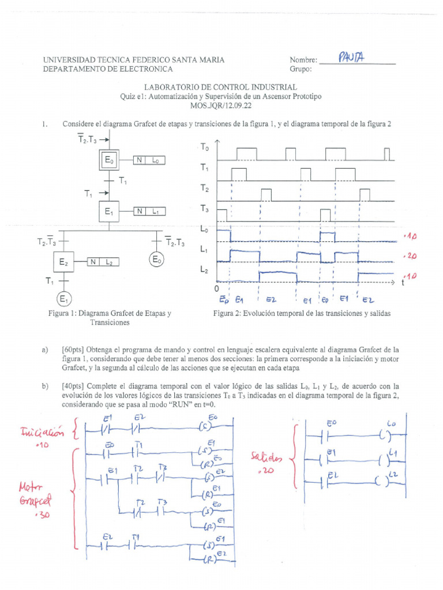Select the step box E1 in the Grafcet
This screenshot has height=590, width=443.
click(108, 212)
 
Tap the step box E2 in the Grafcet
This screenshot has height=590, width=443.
click(63, 262)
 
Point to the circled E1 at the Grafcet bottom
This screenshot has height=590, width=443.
click(63, 299)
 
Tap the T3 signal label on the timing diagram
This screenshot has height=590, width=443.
click(205, 209)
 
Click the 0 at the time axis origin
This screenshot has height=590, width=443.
click(217, 288)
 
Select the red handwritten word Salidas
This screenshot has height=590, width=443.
click(267, 457)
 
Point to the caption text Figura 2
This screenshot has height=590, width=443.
click(229, 314)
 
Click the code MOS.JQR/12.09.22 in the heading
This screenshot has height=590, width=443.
click(221, 106)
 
